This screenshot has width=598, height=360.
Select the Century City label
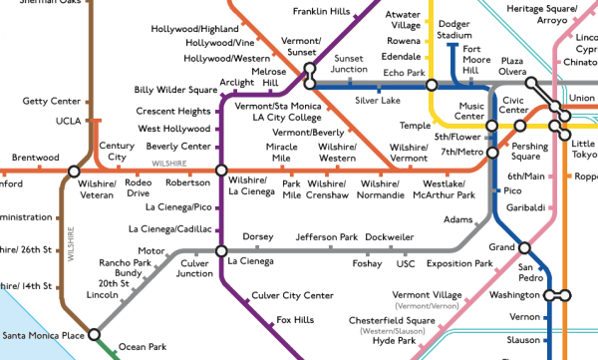pos(117,152)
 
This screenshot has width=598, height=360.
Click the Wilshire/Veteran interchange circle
pos(74,171)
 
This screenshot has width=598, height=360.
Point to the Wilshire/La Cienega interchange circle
pos(221,170)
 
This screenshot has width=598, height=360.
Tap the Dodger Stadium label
pos(454,29)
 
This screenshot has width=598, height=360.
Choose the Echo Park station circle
pos(431,86)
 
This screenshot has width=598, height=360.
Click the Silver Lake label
pos(377,101)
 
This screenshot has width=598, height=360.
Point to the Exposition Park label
pos(459,264)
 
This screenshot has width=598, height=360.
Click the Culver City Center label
pos(292,295)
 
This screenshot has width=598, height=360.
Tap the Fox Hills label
pos(296,319)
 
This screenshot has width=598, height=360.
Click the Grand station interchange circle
pos(525,248)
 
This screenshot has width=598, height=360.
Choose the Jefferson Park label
pos(326,237)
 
